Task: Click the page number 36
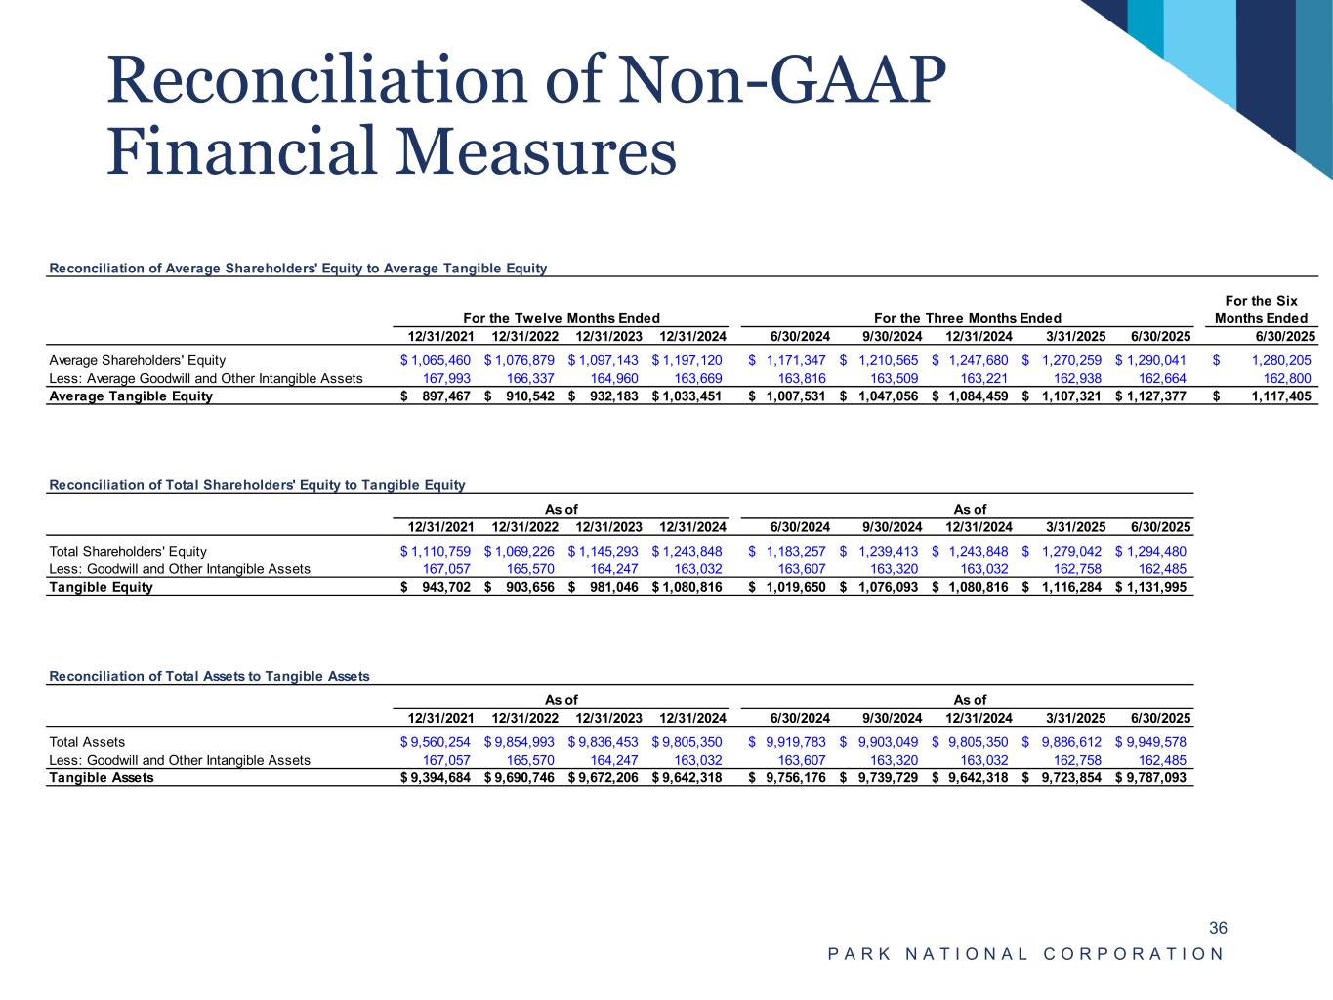(1218, 928)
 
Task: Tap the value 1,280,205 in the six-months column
(1280, 360)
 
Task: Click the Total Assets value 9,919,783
(793, 742)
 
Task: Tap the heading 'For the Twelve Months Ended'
(561, 318)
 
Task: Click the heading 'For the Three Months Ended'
(967, 318)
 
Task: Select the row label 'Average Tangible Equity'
(130, 396)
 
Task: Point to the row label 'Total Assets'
(87, 742)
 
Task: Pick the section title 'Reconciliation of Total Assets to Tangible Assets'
(209, 676)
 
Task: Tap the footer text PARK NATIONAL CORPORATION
(1025, 954)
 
